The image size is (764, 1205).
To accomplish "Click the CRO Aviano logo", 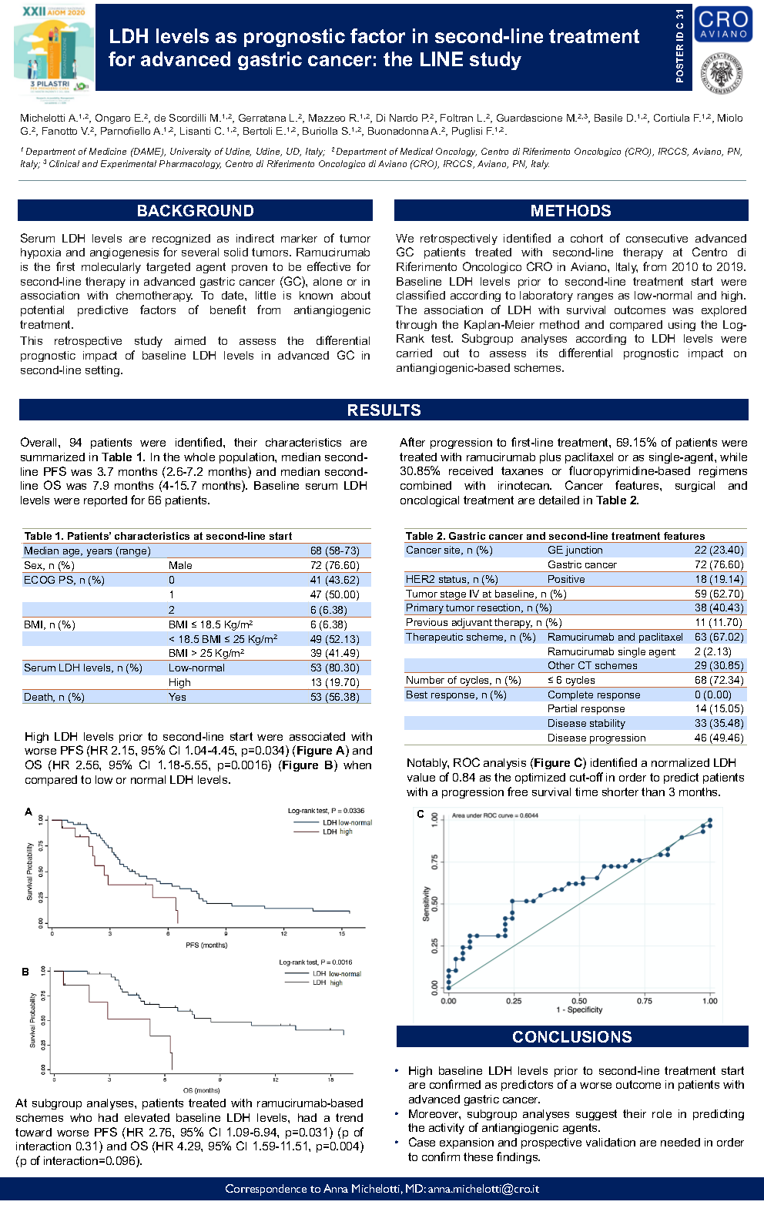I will [x=723, y=24].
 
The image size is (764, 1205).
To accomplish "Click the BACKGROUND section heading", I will [x=195, y=211].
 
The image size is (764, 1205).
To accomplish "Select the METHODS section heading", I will [x=571, y=211].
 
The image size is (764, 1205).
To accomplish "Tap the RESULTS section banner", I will [x=384, y=410].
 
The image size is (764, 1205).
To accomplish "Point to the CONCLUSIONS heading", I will [x=571, y=1037].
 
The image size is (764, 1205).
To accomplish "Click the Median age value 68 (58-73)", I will [x=334, y=551].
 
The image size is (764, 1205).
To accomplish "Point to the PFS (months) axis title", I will [x=206, y=945].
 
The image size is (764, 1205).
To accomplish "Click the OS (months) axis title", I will [x=202, y=1090].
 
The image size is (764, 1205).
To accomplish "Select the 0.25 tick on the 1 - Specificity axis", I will [x=514, y=1001].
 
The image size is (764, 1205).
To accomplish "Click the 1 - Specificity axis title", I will [x=579, y=1009].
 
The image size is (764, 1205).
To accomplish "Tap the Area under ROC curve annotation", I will [x=494, y=815].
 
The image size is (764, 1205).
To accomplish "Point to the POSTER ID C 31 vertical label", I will [x=679, y=46].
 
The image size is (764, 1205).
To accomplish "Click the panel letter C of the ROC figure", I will [x=421, y=814].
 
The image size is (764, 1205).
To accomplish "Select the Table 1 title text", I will [x=158, y=536].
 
